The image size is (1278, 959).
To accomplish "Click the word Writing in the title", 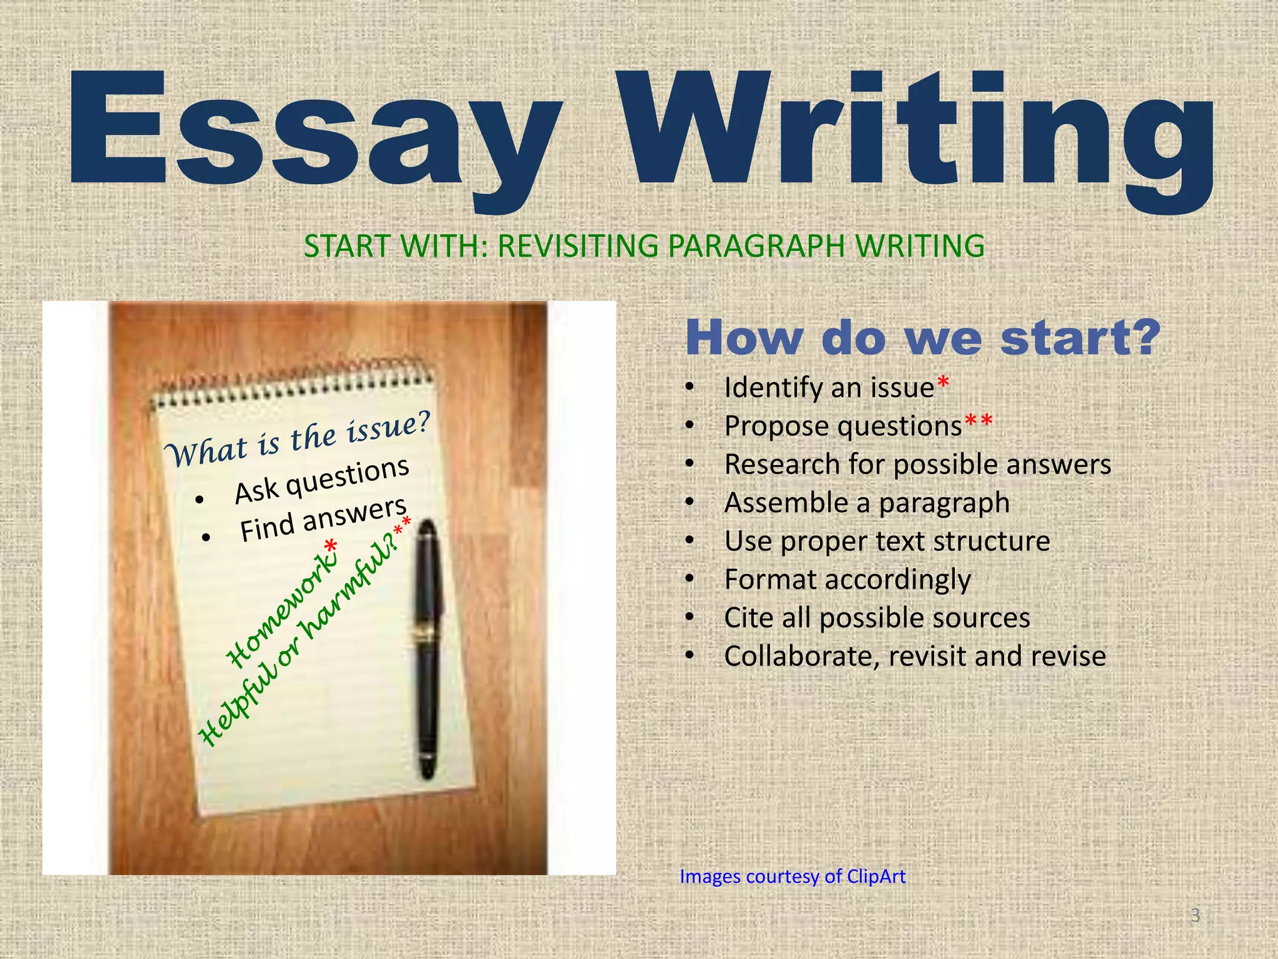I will click(x=917, y=134).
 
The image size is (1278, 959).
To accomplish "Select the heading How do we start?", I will click(x=922, y=338).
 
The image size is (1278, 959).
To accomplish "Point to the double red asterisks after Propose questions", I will click(x=978, y=421).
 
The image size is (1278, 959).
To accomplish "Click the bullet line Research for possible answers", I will click(x=917, y=465).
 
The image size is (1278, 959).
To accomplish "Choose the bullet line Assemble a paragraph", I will click(x=866, y=503).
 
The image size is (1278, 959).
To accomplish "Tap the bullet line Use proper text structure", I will click(x=887, y=541).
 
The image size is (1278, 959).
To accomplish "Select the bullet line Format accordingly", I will click(x=847, y=580).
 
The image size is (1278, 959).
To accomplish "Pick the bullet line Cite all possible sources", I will click(x=877, y=618).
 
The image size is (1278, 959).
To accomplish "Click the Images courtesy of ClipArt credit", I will click(x=793, y=877).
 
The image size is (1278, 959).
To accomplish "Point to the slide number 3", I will click(x=1195, y=916).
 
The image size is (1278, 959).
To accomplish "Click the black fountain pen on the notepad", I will click(x=428, y=649).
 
